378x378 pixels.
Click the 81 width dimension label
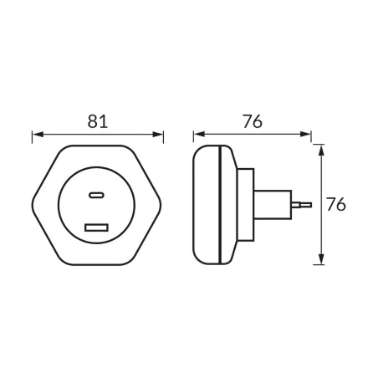[98, 120]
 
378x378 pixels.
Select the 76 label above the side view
[253, 120]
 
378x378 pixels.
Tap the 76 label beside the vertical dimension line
[336, 204]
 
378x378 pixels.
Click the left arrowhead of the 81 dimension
[36, 134]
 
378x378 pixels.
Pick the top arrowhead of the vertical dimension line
[320, 149]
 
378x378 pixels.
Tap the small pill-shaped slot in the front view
[98, 196]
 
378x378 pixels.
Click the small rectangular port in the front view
[97, 227]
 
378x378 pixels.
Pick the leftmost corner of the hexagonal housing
[34, 204]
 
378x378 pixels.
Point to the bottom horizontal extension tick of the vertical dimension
[319, 264]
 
